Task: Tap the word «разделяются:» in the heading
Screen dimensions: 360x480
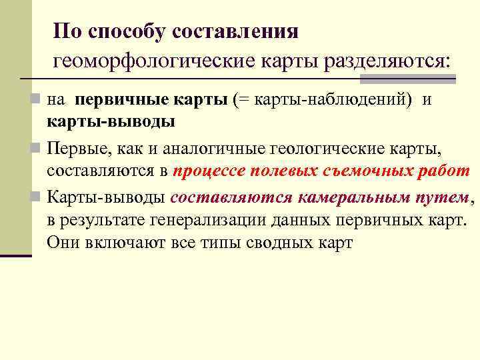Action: pyautogui.click(x=387, y=62)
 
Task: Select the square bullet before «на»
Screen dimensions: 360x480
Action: pyautogui.click(x=39, y=101)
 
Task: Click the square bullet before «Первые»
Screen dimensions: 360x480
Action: pyautogui.click(x=39, y=146)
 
